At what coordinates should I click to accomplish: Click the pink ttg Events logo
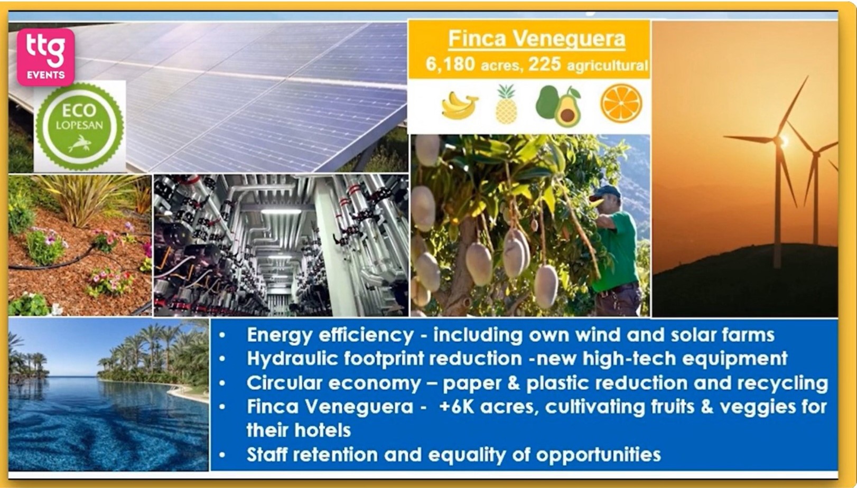45,57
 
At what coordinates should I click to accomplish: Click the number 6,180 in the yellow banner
450,64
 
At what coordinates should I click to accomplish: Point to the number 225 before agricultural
544,64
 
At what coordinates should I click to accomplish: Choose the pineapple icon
506,105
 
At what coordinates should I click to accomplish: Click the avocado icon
558,106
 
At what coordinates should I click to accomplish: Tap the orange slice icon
621,104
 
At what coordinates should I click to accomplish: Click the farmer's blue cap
604,192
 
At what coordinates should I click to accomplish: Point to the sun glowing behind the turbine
783,140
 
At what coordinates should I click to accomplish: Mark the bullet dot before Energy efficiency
222,335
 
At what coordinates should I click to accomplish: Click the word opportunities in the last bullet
598,455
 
